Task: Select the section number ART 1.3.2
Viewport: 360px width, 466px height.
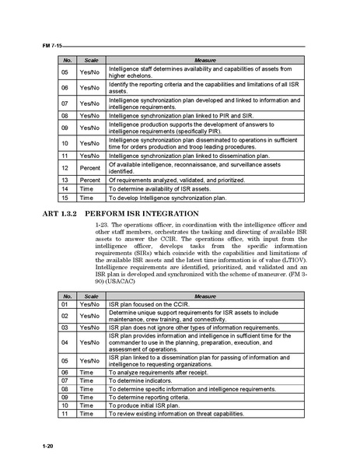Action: [x=59, y=212]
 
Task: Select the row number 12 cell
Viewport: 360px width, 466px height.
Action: [x=65, y=167]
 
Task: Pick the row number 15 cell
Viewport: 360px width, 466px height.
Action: [x=65, y=198]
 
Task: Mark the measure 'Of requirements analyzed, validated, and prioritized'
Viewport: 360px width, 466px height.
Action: [x=177, y=180]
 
